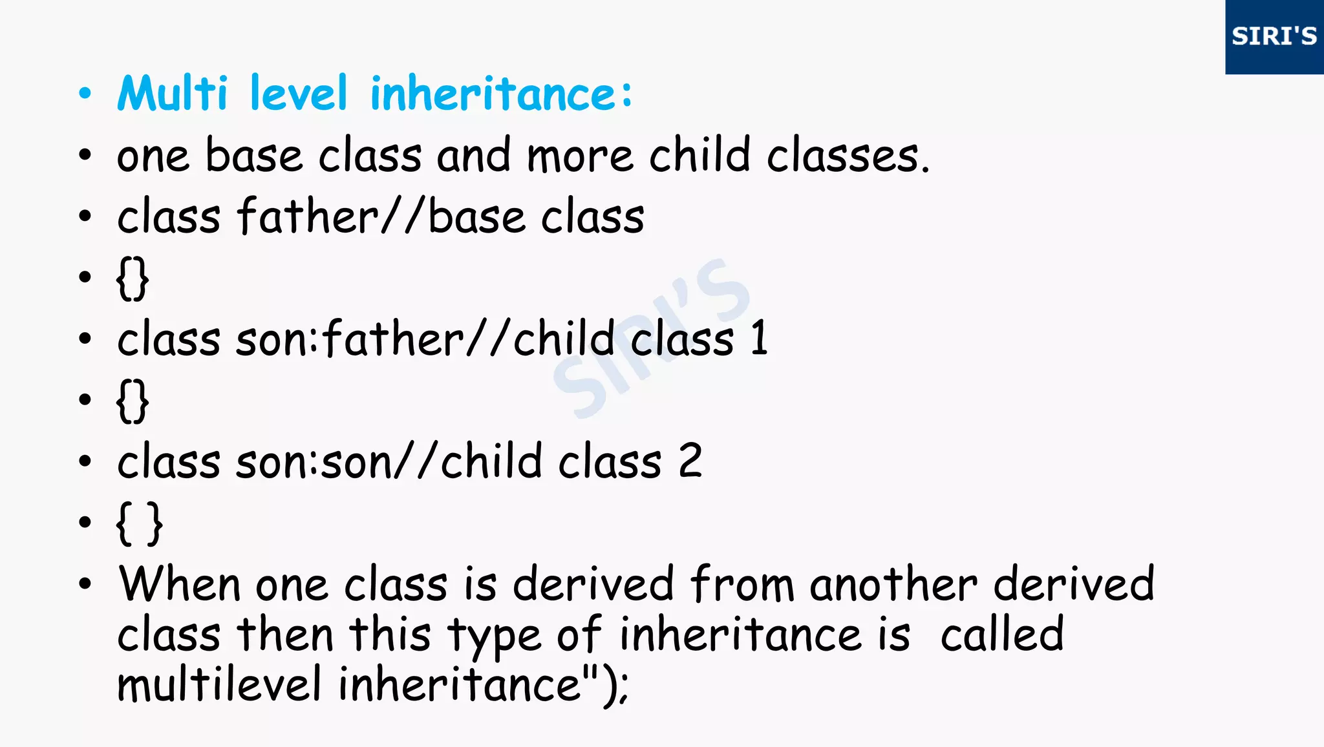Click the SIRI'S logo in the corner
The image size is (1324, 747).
tap(1274, 36)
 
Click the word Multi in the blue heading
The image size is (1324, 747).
tap(173, 94)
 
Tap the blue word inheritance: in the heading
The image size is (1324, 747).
tap(501, 94)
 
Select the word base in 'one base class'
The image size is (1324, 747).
tap(254, 156)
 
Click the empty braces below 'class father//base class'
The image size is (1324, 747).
tap(133, 279)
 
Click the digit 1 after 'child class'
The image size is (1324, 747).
tap(760, 338)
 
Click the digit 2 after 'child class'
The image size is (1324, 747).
tap(690, 461)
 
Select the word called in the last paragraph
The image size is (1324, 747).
tap(1002, 635)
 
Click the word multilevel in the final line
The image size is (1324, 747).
tap(219, 684)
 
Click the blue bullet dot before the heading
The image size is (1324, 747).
tap(85, 94)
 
